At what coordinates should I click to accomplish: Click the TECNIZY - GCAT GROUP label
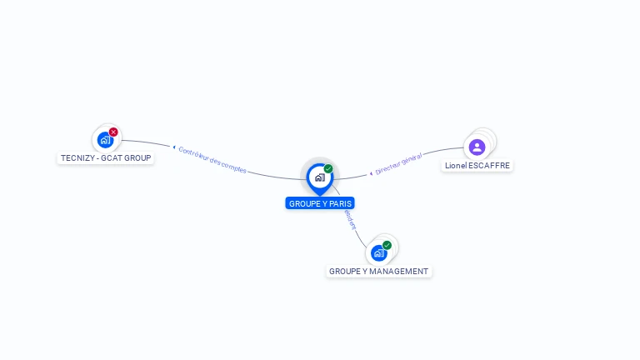pyautogui.click(x=106, y=157)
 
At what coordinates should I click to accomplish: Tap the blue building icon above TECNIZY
pyautogui.click(x=105, y=140)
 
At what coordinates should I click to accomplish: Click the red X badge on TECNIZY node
pyautogui.click(x=113, y=132)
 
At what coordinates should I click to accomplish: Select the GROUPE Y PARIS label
pyautogui.click(x=320, y=203)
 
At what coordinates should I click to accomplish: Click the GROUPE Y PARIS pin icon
pyautogui.click(x=319, y=177)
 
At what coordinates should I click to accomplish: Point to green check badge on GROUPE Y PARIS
pyautogui.click(x=328, y=168)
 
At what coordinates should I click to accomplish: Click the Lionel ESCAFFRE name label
pyautogui.click(x=477, y=166)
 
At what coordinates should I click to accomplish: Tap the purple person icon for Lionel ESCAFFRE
pyautogui.click(x=477, y=147)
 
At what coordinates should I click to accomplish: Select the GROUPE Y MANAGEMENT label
pyautogui.click(x=379, y=272)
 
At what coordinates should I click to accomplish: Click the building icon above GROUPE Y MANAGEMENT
pyautogui.click(x=379, y=252)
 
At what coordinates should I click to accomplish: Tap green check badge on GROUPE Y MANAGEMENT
pyautogui.click(x=387, y=245)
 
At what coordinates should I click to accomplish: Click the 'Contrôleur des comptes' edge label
pyautogui.click(x=212, y=159)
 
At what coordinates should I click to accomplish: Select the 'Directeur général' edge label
pyautogui.click(x=398, y=163)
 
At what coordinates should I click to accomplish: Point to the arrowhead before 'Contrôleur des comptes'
pyautogui.click(x=174, y=147)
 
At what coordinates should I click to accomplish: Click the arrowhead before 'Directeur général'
pyautogui.click(x=371, y=173)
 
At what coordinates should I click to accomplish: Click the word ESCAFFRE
pyautogui.click(x=488, y=166)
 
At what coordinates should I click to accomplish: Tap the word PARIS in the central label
pyautogui.click(x=341, y=203)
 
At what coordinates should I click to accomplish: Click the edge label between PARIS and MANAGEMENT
pyautogui.click(x=351, y=219)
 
